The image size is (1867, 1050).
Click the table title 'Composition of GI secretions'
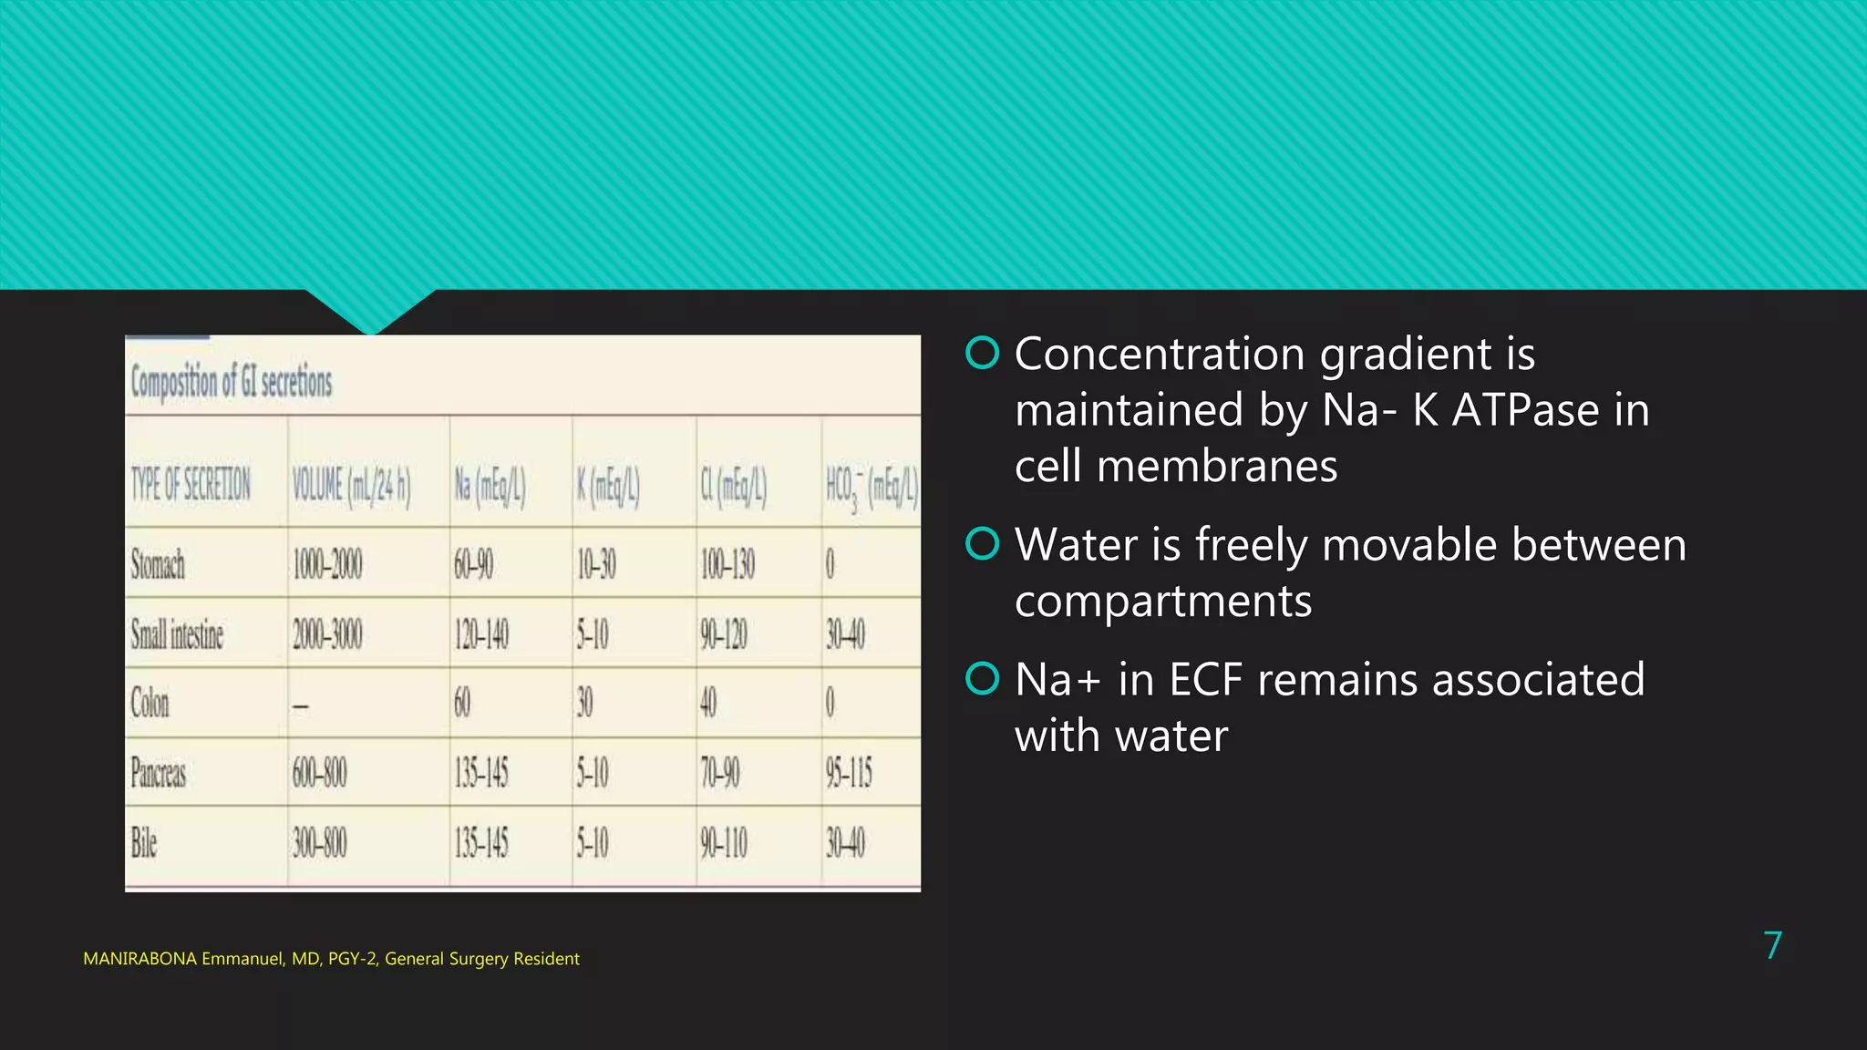[232, 381]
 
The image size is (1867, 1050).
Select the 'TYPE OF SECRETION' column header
[191, 484]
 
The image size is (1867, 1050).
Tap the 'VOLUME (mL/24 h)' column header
[351, 485]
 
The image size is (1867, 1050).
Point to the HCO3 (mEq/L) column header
[872, 486]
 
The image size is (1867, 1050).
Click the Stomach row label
[158, 564]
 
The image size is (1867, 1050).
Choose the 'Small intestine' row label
[177, 634]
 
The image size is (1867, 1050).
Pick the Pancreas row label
[159, 773]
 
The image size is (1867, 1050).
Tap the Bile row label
[144, 842]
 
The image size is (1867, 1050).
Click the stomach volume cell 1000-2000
[327, 565]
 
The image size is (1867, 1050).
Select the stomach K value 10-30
[596, 565]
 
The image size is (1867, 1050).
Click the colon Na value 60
[462, 703]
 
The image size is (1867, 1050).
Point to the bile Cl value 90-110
[724, 843]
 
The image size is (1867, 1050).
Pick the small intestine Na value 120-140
[481, 634]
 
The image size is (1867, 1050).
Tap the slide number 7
[1772, 946]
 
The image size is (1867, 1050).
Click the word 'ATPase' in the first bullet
[1525, 410]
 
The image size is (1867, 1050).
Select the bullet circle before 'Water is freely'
[983, 544]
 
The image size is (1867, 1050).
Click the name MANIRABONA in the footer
[139, 959]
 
